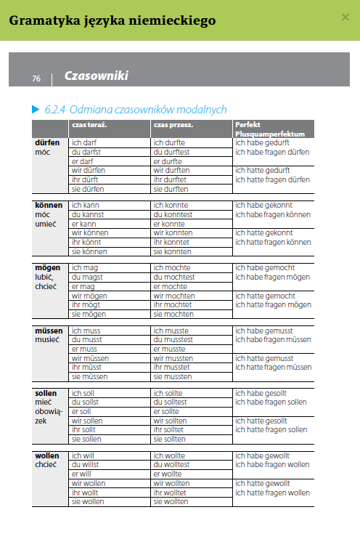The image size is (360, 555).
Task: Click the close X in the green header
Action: pyautogui.click(x=345, y=17)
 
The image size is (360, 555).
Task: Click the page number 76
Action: pyautogui.click(x=36, y=78)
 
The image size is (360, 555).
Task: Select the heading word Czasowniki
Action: pyautogui.click(x=96, y=76)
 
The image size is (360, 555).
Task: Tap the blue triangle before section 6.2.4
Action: pyautogui.click(x=35, y=110)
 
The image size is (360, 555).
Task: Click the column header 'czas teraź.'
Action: pyautogui.click(x=89, y=125)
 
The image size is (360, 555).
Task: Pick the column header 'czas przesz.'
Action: pyautogui.click(x=173, y=125)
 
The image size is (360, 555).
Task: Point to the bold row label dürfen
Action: pyautogui.click(x=47, y=143)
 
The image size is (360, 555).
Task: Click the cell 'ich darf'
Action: pyautogui.click(x=84, y=143)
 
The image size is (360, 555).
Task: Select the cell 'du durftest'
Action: pyautogui.click(x=171, y=153)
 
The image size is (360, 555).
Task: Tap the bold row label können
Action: pyautogui.click(x=49, y=206)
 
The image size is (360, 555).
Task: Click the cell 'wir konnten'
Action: pyautogui.click(x=173, y=233)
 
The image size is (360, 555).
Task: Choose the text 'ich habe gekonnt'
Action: pyautogui.click(x=263, y=206)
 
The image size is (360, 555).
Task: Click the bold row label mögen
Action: pyautogui.click(x=48, y=268)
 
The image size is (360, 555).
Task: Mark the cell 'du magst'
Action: pyautogui.click(x=86, y=277)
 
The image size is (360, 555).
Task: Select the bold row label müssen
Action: pyautogui.click(x=49, y=331)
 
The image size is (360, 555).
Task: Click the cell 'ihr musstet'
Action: pyautogui.click(x=171, y=368)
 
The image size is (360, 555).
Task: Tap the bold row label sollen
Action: pyautogui.click(x=46, y=393)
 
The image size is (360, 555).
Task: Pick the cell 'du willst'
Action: pyautogui.click(x=85, y=465)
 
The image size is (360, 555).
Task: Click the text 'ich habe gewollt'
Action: pyautogui.click(x=262, y=455)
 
